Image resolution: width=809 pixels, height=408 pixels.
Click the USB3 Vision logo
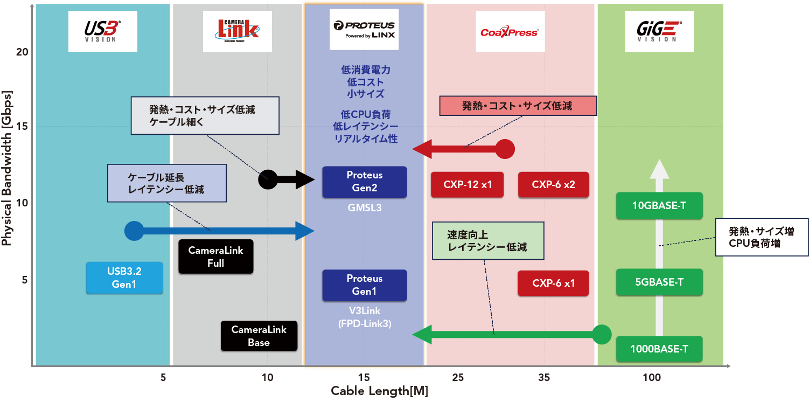coord(102,31)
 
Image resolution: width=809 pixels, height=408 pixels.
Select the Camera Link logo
coord(237,31)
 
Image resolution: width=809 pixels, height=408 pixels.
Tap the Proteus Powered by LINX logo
coord(364,30)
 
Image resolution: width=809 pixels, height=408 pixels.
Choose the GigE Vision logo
coord(659,31)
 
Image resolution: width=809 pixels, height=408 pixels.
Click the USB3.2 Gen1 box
coord(124,278)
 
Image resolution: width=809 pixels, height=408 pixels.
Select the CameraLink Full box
coord(215,257)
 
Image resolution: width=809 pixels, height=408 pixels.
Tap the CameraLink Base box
coord(259,336)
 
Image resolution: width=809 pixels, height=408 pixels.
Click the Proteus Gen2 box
coord(365,182)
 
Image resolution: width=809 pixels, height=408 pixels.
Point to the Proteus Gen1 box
coord(365,285)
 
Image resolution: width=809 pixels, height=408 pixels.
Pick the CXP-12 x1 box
coord(468,185)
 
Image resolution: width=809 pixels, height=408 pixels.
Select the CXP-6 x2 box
coord(553,185)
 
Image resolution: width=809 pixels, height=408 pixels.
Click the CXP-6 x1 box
coord(553,283)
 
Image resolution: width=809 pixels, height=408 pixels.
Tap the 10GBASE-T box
coord(659,205)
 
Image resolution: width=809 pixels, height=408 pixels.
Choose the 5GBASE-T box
coord(659,282)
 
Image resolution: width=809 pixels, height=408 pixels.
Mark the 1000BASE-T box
coord(659,349)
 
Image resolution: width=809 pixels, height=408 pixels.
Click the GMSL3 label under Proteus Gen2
coord(365,207)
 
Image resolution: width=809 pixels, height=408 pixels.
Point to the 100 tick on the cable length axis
coord(652,378)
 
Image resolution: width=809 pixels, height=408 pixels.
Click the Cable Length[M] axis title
coord(379,391)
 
